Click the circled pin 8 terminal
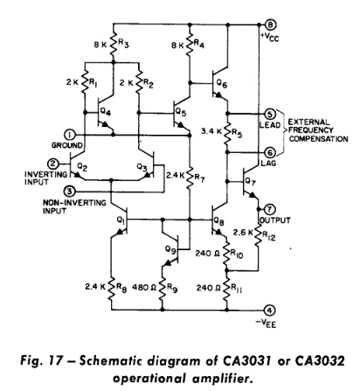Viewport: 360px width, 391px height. coord(270,24)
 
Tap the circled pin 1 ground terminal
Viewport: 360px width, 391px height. coord(70,135)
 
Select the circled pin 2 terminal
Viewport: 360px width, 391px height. coord(53,164)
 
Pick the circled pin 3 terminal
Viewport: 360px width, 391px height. coord(69,192)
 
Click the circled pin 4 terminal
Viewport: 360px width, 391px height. coord(270,310)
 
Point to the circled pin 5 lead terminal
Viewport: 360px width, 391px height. coord(270,114)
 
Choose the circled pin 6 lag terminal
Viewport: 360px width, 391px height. coord(270,152)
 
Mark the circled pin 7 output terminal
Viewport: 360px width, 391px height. coord(269,209)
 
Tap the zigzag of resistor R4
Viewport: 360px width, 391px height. coord(190,45)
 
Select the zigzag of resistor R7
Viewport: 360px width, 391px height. coord(190,178)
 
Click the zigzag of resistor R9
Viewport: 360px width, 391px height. coord(163,289)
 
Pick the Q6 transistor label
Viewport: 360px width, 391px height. coord(222,85)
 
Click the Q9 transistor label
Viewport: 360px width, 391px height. coord(171,249)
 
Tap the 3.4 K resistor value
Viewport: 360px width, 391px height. coord(211,131)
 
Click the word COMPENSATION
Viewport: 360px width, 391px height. coord(319,139)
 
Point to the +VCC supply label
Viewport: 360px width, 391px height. coord(269,37)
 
